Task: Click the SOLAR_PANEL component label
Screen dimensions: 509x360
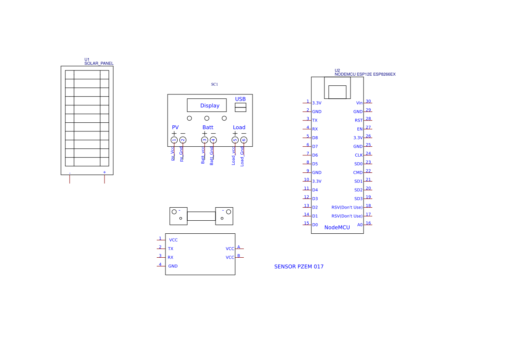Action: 99,64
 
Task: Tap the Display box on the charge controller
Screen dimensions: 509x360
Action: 207,105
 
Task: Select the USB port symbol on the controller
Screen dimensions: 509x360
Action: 240,107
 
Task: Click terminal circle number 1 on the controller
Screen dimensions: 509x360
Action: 174,140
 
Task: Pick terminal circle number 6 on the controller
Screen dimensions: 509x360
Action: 244,140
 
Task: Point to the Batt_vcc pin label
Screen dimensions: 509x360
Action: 203,155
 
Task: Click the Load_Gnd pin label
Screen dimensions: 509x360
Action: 242,156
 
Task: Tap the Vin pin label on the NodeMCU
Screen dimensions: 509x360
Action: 359,103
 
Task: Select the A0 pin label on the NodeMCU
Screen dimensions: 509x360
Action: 360,225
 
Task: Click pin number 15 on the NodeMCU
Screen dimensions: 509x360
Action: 307,223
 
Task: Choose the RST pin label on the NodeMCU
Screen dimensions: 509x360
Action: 358,121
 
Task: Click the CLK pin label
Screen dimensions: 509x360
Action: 358,155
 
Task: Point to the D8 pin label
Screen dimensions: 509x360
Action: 315,138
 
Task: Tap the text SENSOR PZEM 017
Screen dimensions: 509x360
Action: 299,267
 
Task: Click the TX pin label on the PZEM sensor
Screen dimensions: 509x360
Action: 171,249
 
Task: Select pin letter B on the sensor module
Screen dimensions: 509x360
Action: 239,256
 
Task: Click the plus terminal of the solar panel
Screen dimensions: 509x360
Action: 104,172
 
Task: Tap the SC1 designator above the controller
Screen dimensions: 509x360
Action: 214,84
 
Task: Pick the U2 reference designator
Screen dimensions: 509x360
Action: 337,71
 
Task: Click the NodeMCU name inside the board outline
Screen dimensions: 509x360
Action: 337,228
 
